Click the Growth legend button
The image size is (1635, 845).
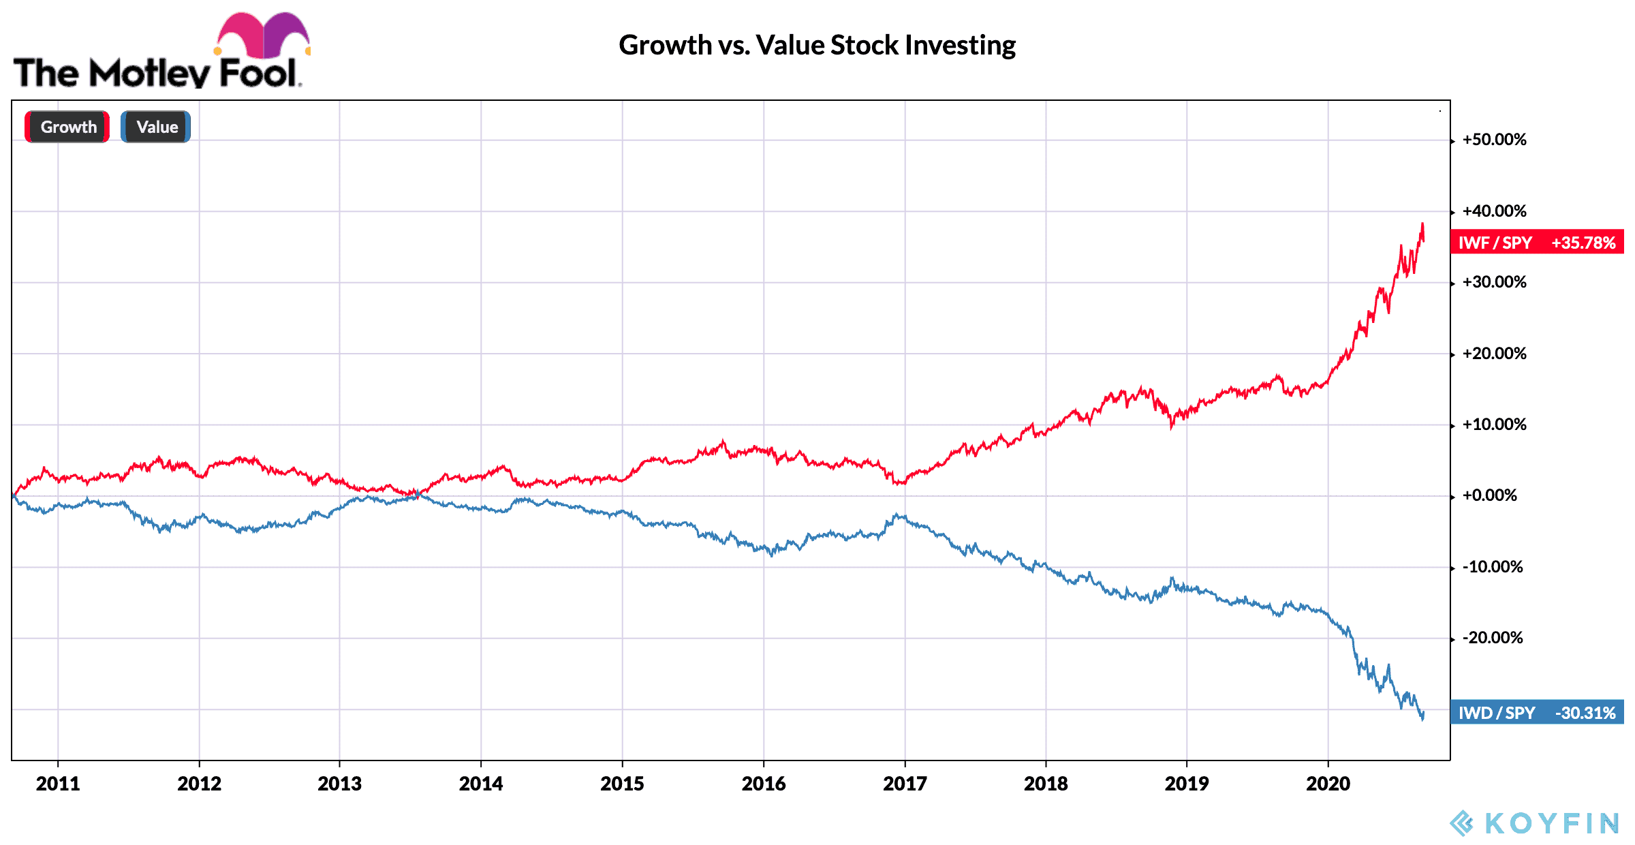(x=67, y=127)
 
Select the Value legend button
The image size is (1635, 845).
(x=156, y=127)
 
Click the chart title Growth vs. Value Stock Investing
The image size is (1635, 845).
(x=817, y=46)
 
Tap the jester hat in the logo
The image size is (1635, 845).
(x=263, y=34)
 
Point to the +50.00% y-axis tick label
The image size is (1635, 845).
(x=1494, y=140)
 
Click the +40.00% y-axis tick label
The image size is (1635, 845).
(x=1494, y=211)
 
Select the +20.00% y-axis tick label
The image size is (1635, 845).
(x=1494, y=354)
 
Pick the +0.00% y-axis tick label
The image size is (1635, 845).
(x=1489, y=495)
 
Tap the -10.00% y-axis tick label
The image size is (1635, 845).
(x=1492, y=567)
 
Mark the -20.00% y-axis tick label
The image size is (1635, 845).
(x=1492, y=638)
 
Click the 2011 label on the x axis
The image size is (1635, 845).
(x=58, y=784)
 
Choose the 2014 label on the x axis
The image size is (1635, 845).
(x=481, y=784)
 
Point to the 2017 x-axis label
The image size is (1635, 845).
(x=905, y=784)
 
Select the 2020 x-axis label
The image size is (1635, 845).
(x=1328, y=784)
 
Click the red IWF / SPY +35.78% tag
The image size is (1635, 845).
(x=1537, y=243)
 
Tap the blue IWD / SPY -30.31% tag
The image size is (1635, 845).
(x=1537, y=713)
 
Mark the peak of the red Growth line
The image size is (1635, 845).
(x=1422, y=224)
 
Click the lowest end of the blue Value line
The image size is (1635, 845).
(x=1422, y=719)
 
